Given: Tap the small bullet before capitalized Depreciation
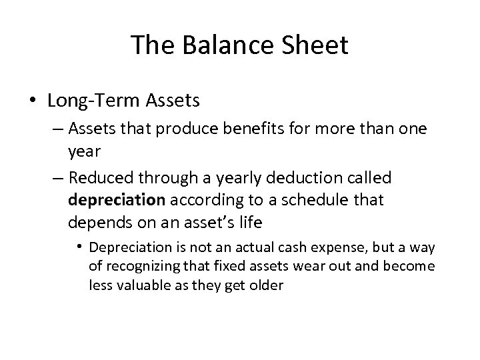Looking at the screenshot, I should pos(81,248).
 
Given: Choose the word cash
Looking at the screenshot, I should pos(285,248).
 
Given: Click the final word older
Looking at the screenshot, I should pos(269,285).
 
